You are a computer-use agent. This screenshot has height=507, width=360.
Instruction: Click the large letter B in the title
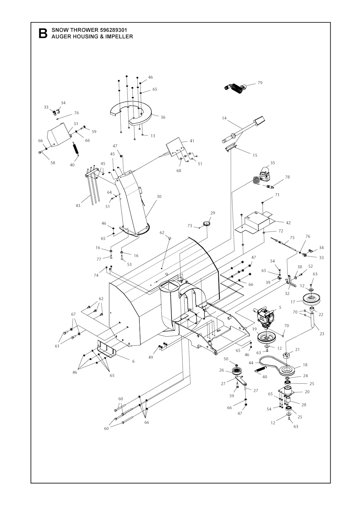(43, 33)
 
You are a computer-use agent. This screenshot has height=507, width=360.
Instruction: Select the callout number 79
(260, 83)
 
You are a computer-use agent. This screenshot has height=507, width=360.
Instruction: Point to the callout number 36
(163, 117)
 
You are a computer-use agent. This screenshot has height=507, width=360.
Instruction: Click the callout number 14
(224, 118)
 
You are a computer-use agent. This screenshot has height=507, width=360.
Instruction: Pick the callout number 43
(78, 206)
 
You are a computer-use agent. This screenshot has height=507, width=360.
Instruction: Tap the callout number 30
(159, 197)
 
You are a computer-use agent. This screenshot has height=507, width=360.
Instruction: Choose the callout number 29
(213, 213)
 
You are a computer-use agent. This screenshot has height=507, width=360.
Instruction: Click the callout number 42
(288, 223)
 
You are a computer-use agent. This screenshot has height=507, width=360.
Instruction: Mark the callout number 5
(280, 307)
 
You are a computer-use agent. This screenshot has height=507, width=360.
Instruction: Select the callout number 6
(133, 361)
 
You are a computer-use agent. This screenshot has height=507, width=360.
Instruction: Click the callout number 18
(305, 365)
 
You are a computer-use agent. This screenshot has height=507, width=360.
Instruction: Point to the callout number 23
(322, 334)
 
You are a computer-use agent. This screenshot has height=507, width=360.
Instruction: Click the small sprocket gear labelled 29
(206, 224)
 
